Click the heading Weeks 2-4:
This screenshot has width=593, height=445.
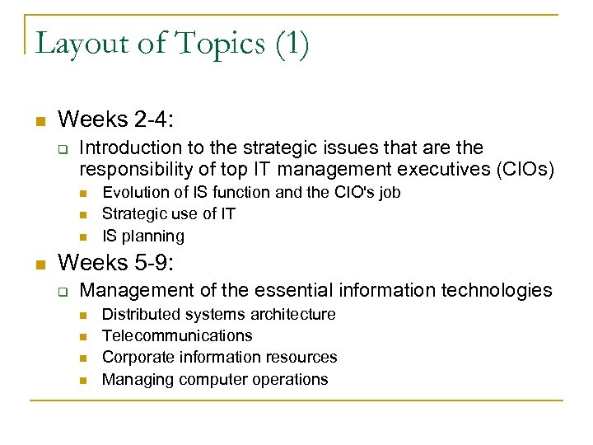[115, 119]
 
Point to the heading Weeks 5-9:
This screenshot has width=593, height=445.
[115, 263]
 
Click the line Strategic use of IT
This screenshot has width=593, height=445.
[168, 214]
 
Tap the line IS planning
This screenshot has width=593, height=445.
[142, 236]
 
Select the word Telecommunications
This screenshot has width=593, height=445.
[177, 335]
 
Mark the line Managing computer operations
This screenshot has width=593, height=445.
[215, 379]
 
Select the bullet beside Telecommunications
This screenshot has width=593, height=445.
[84, 336]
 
